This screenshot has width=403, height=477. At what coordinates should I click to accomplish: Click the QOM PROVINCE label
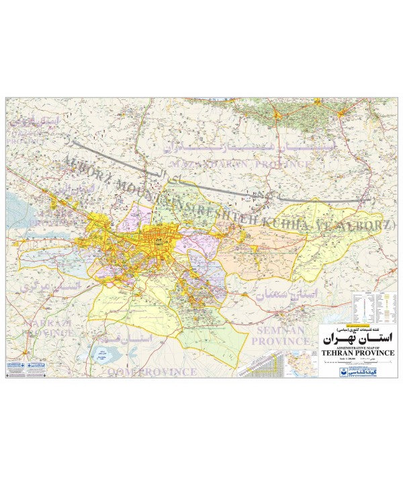[148, 371]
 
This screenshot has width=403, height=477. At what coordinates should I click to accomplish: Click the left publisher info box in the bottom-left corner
[19, 368]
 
